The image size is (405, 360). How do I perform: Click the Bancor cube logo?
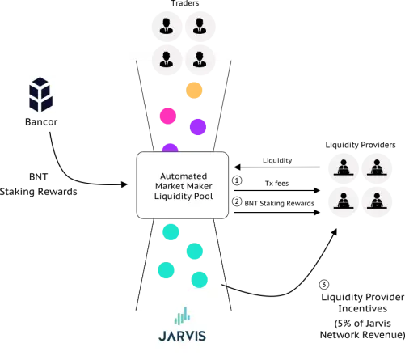tap(40, 95)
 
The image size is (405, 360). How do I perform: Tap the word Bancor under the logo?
tap(41, 122)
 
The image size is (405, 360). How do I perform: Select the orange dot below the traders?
tap(194, 90)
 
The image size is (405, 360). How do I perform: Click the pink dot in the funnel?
tap(168, 116)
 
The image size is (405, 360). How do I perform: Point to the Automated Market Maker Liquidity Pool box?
tap(183, 185)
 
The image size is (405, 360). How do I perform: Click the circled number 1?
tap(237, 180)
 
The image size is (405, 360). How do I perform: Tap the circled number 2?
tap(237, 201)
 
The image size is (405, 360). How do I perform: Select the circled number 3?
tap(324, 284)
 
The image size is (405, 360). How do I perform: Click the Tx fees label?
tap(276, 184)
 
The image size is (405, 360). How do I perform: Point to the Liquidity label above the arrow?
tap(277, 160)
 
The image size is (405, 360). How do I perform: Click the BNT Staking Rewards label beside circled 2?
tap(279, 203)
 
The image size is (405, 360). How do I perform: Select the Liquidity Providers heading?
tap(361, 145)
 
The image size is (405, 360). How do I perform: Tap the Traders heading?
tap(185, 3)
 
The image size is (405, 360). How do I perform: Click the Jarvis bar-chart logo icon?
tap(182, 316)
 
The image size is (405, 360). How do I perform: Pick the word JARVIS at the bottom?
tap(182, 336)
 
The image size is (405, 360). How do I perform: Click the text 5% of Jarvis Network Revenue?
tap(362, 329)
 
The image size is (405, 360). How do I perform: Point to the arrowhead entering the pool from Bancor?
tap(124, 184)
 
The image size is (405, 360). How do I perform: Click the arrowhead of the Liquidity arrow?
tap(237, 167)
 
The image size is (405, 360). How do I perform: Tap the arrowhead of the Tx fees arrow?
tap(317, 190)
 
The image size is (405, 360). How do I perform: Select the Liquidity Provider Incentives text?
tap(363, 303)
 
